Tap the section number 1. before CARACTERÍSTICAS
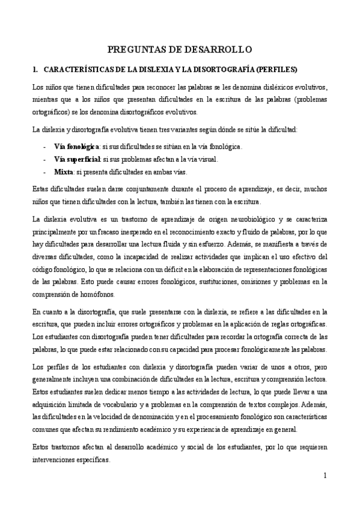coord(36,69)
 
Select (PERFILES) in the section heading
coord(273,69)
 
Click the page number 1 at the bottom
coord(325,476)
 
